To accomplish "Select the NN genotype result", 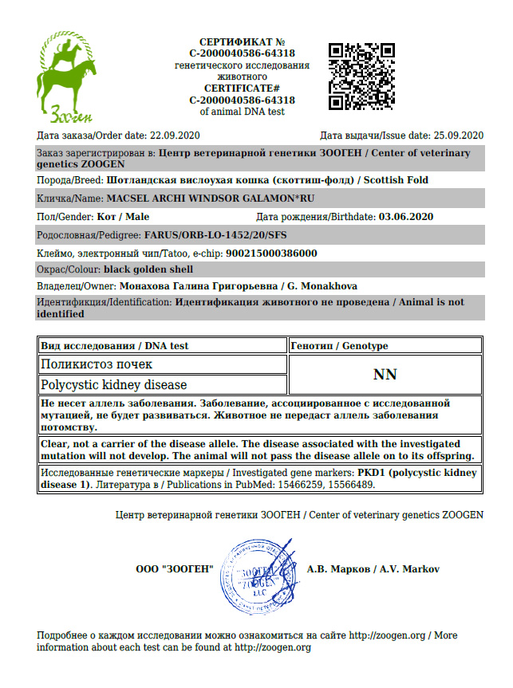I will tap(385, 375).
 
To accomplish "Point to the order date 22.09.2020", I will tap(176, 135).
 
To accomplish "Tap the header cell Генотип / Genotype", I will tap(340, 346).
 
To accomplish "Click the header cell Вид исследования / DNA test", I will tap(115, 346).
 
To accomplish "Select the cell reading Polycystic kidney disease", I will tap(114, 385).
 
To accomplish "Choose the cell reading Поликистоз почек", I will tap(97, 364).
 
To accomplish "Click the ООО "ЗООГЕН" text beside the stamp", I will tap(176, 569).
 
